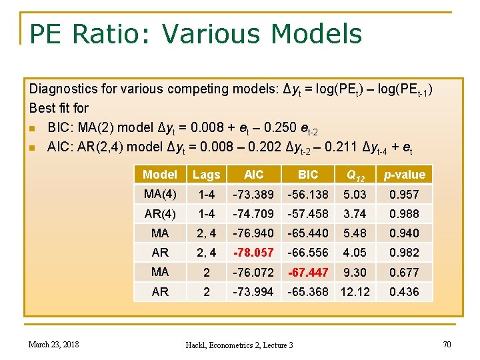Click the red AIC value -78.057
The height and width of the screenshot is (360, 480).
(x=253, y=253)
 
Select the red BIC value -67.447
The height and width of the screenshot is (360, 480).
(x=307, y=272)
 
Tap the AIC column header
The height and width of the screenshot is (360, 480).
(x=253, y=175)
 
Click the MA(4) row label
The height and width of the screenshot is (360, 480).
(x=160, y=194)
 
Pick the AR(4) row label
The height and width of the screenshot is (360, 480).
(x=160, y=214)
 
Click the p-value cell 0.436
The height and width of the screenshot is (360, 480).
(x=405, y=292)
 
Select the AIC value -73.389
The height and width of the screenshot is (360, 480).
(x=253, y=195)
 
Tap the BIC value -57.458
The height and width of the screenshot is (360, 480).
(x=307, y=214)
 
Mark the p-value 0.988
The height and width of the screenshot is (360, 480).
(x=405, y=214)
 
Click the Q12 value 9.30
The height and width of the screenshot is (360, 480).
(x=354, y=272)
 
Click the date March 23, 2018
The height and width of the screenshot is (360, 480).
(x=54, y=344)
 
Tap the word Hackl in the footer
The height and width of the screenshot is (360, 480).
(x=199, y=345)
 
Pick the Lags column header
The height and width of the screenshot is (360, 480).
(x=206, y=175)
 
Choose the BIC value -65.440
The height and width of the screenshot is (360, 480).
(x=307, y=233)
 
